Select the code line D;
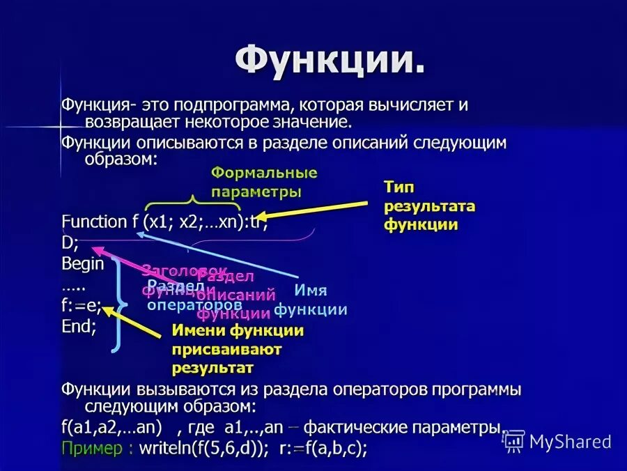pos(70,243)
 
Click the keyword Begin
pos(82,264)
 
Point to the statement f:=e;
pos(82,305)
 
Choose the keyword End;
pos(79,326)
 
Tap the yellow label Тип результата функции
pos(429,206)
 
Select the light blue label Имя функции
pos(311,300)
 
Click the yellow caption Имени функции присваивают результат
pos(238,348)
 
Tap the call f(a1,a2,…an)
pos(111,427)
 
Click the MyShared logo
pos(557,441)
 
